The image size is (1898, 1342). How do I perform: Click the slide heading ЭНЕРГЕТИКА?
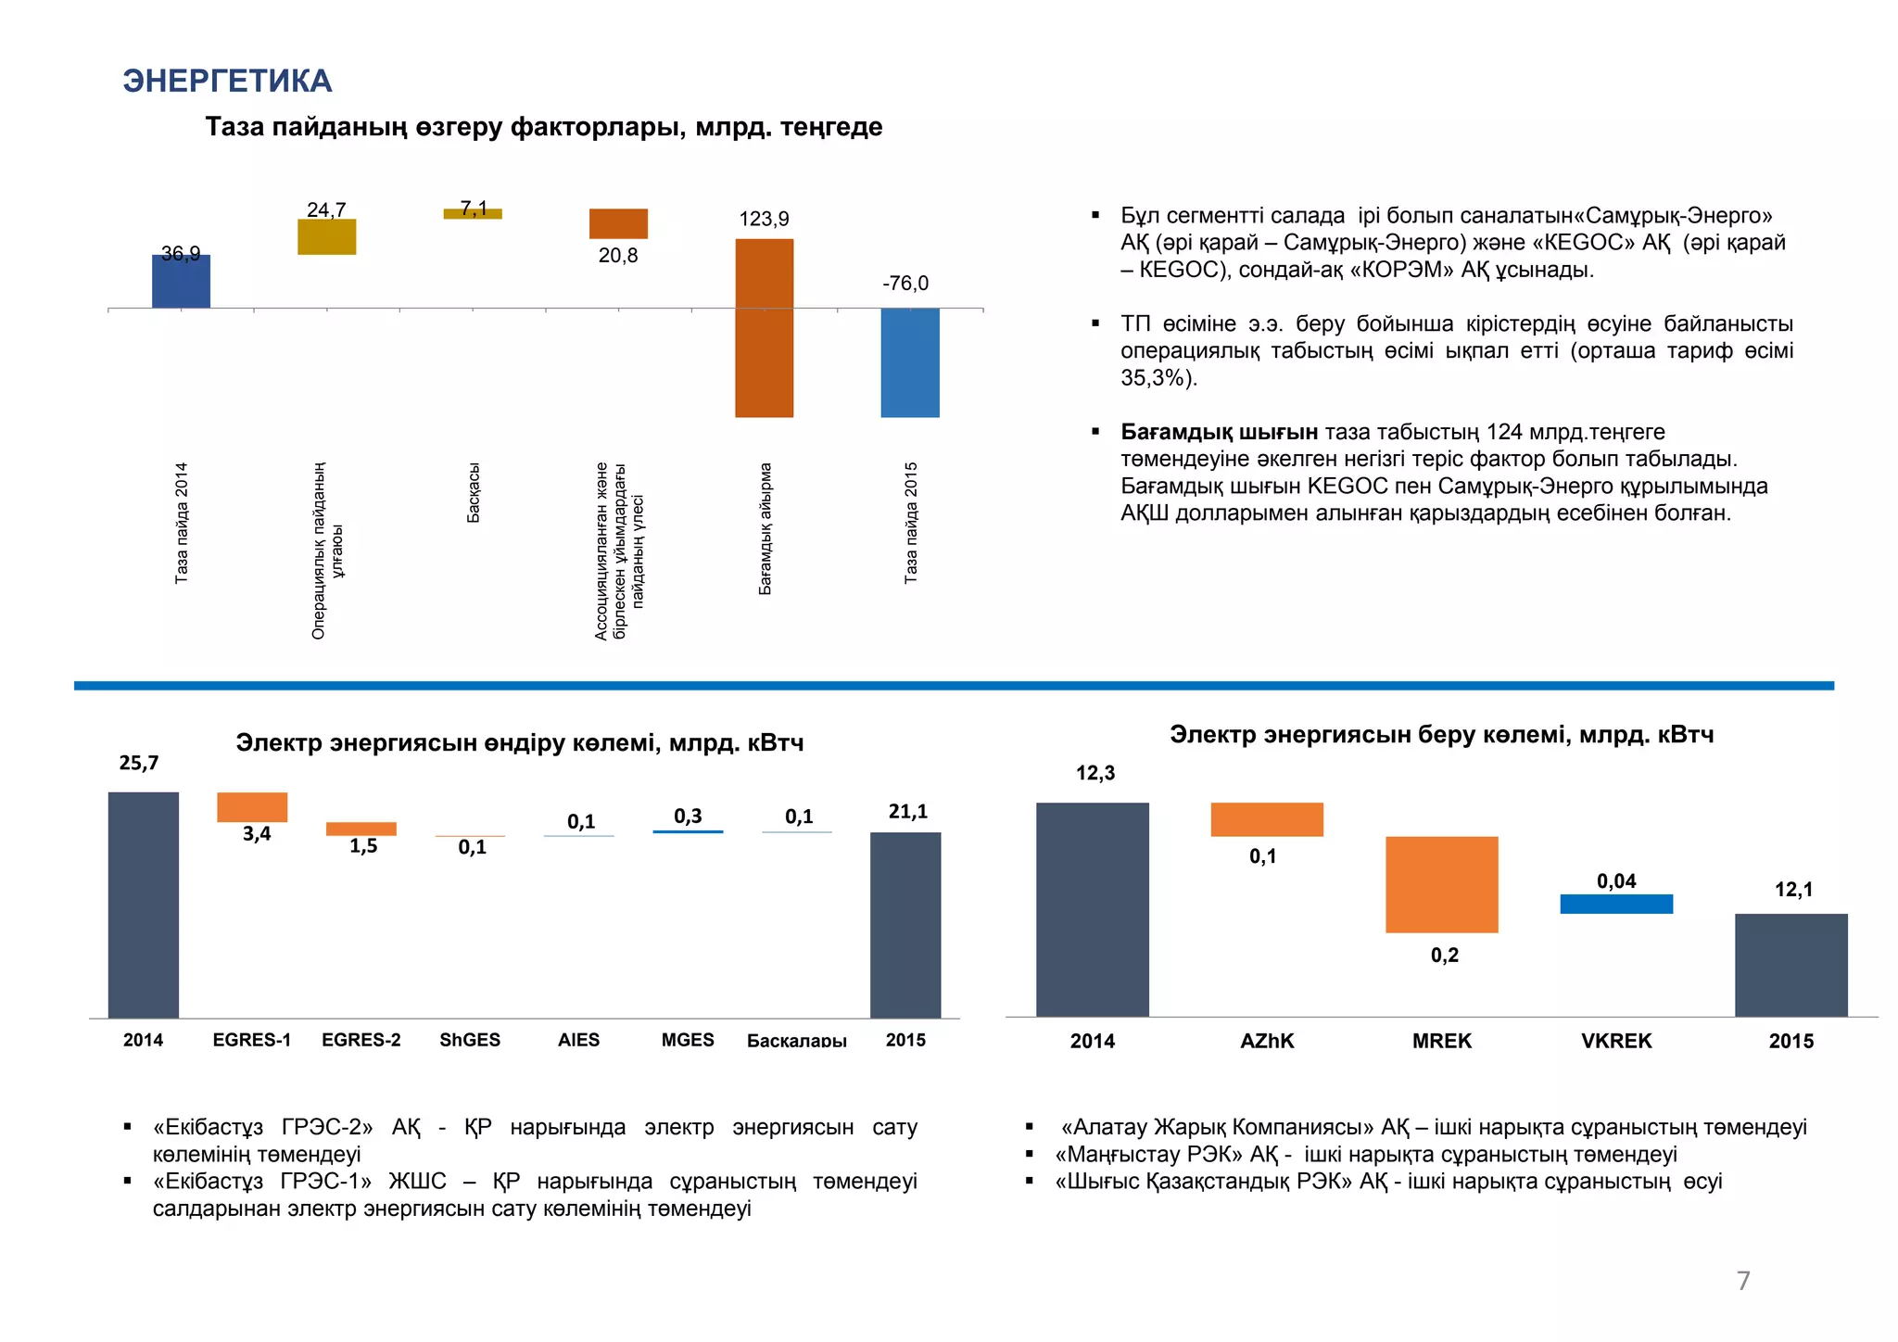point(227,82)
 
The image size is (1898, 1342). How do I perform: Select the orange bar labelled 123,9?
point(764,328)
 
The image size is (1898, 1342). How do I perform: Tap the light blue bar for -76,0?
point(909,362)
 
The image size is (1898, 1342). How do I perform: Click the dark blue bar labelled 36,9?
point(181,282)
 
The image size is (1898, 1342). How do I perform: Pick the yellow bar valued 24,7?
point(326,237)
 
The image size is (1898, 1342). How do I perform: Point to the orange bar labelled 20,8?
point(618,223)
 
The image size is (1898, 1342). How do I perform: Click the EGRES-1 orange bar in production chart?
point(252,807)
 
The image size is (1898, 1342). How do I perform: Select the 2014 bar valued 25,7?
point(144,905)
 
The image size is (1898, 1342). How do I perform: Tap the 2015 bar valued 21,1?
point(905,925)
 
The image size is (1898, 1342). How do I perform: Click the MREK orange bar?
point(1441,884)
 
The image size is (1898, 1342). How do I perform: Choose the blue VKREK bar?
point(1616,904)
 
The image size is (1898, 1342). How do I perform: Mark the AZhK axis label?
point(1267,1041)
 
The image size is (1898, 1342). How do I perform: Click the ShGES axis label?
point(470,1040)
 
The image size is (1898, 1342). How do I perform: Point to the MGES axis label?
point(688,1040)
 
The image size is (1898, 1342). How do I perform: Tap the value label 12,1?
point(1793,890)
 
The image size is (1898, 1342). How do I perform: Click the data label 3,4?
point(257,834)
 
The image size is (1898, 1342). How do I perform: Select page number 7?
point(1743,1280)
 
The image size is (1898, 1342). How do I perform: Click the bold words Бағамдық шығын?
point(1219,432)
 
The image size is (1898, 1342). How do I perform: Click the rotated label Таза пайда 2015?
point(911,523)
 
